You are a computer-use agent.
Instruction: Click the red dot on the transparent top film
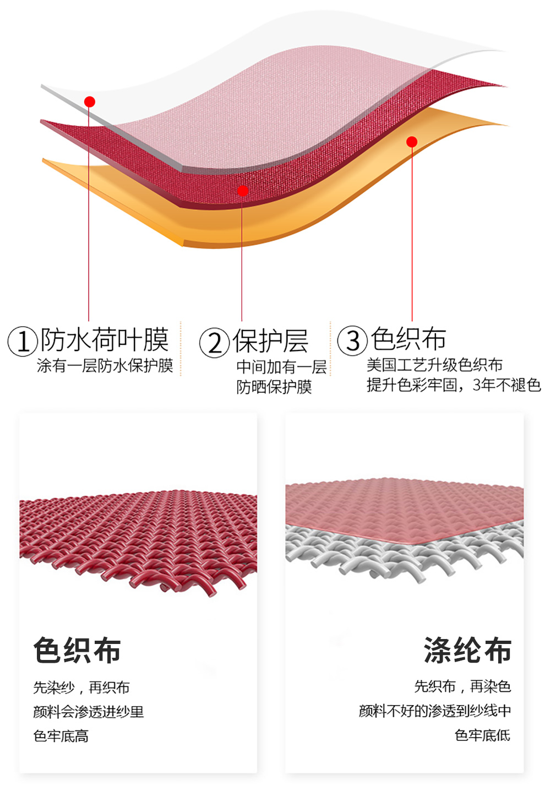90,101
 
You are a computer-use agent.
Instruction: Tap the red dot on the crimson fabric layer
242,191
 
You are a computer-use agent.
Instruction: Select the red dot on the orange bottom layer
412,142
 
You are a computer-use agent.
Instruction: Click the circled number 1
23,341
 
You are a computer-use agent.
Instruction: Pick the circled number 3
352,340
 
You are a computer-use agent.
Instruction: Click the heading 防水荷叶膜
105,339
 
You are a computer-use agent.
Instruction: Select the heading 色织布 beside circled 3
408,339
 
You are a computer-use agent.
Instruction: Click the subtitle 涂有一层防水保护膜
105,366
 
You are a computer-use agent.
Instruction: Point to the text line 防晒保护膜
274,387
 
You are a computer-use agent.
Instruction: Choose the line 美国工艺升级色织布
434,365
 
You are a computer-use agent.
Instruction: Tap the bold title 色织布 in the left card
77,650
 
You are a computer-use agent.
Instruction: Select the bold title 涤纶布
467,650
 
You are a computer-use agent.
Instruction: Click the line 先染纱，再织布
81,687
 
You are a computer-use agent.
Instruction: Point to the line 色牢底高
61,736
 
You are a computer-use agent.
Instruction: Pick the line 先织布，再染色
462,686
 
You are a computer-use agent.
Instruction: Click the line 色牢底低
482,735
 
